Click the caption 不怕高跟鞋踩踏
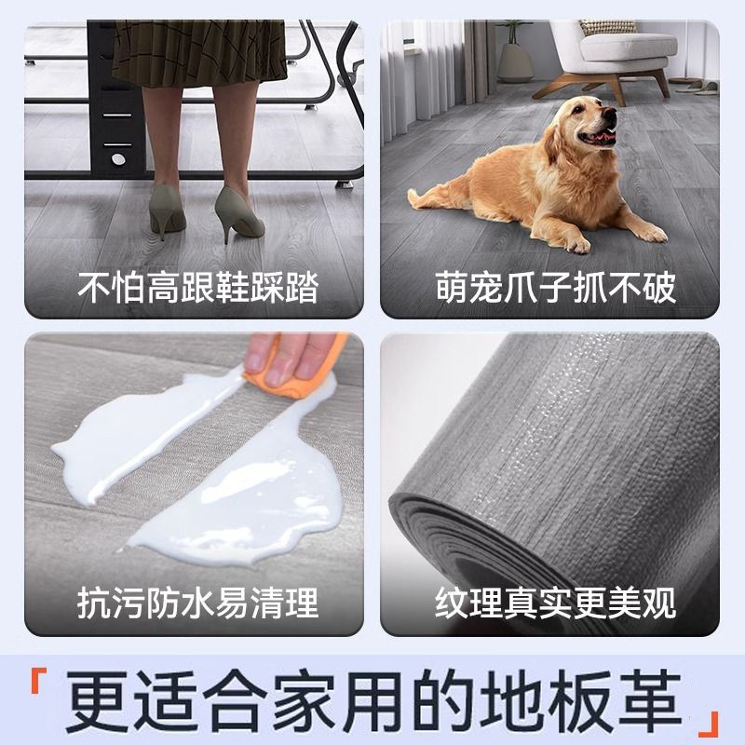[196, 289]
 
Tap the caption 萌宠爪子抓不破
[555, 289]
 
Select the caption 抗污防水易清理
[196, 603]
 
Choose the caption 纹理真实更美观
[555, 603]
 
